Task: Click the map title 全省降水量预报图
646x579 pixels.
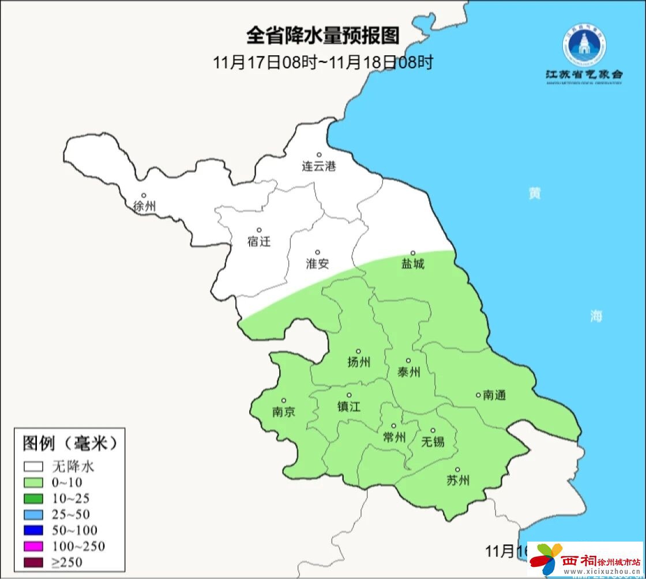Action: pos(323,36)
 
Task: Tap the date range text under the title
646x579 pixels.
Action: pos(323,62)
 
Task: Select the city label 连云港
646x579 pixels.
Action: pos(318,166)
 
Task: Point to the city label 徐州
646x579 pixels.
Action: pos(144,207)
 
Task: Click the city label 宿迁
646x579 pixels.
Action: pos(259,241)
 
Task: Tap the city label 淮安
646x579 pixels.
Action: pos(317,264)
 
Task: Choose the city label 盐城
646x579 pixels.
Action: pos(412,264)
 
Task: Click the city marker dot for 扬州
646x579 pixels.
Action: pos(358,351)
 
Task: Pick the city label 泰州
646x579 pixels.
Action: pos(409,373)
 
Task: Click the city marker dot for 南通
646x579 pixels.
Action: pos(478,395)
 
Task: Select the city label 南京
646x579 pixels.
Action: pos(283,412)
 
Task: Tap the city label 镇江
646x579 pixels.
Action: pos(349,406)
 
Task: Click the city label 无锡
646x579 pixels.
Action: pos(433,442)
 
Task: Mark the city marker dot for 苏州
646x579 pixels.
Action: pos(457,470)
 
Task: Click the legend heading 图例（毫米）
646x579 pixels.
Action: pos(70,443)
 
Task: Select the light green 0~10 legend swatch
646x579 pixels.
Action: pos(33,482)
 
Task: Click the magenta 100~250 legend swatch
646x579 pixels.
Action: pos(33,546)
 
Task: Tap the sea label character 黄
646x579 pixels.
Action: pos(535,194)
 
